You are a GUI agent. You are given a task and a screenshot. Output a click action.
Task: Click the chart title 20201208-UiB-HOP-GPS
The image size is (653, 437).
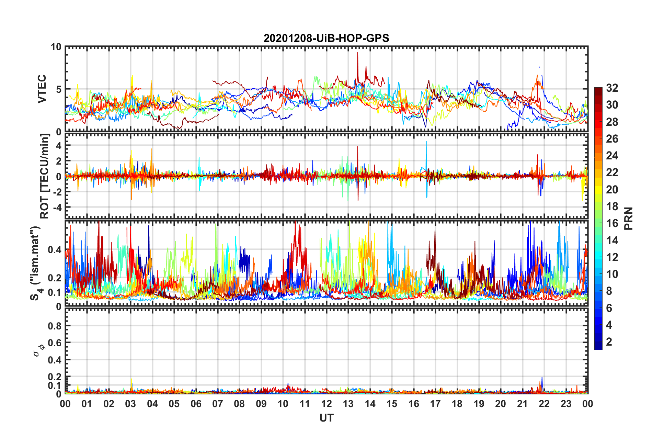pyautogui.click(x=326, y=38)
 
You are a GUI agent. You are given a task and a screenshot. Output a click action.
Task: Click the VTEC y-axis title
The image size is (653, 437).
pyautogui.click(x=42, y=89)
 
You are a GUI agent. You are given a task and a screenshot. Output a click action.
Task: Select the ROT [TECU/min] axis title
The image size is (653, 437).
pyautogui.click(x=45, y=176)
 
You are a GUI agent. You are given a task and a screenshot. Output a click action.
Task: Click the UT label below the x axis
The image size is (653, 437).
pyautogui.click(x=326, y=418)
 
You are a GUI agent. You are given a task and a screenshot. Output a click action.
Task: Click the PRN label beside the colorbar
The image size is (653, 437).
pyautogui.click(x=628, y=218)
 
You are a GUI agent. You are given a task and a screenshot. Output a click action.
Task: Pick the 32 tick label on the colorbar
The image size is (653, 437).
pyautogui.click(x=612, y=88)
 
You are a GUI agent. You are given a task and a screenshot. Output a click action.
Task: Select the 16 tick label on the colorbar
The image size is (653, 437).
pyautogui.click(x=612, y=223)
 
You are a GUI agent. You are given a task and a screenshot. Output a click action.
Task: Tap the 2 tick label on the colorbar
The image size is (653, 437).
pyautogui.click(x=609, y=342)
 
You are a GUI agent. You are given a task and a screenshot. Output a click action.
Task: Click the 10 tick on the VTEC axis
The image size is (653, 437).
pyautogui.click(x=56, y=47)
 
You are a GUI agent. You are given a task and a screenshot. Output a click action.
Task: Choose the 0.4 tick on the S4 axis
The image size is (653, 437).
pyautogui.click(x=55, y=250)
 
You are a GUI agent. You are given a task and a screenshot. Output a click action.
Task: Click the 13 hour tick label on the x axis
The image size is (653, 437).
pyautogui.click(x=348, y=404)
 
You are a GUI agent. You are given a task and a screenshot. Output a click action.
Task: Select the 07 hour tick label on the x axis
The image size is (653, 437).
pyautogui.click(x=218, y=404)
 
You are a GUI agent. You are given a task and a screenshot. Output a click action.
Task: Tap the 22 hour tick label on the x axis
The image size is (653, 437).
pyautogui.click(x=544, y=404)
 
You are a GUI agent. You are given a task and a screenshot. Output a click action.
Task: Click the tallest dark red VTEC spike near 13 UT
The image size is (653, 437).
pyautogui.click(x=357, y=53)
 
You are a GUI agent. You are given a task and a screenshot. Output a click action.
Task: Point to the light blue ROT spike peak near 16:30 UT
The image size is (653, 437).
pyautogui.click(x=426, y=142)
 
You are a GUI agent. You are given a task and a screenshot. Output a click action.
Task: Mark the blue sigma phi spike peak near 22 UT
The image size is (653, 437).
pyautogui.click(x=542, y=378)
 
